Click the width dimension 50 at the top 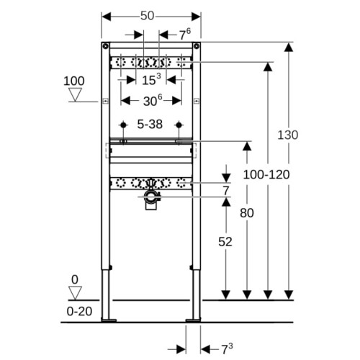pos(147,16)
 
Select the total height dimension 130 pos(288,135)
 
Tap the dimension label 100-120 pos(266,174)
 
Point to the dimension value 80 pos(247,213)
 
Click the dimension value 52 pos(225,242)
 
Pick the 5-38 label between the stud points pos(150,125)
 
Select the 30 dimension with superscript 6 pos(153,101)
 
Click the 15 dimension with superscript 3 pos(151,80)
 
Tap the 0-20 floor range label pos(79,311)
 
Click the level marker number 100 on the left pos(74,81)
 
